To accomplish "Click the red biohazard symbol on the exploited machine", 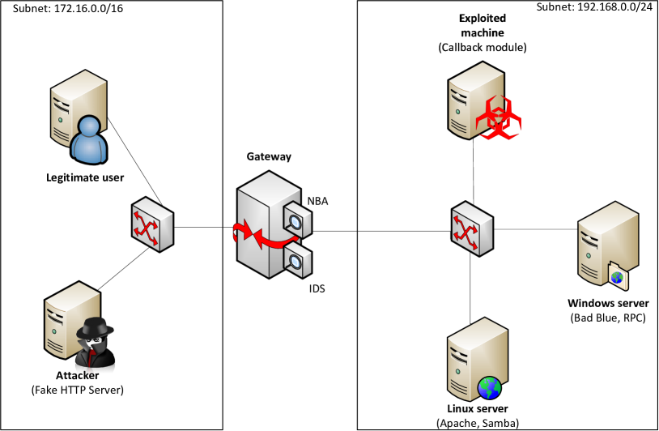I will tap(498, 117).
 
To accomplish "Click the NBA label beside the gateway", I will tap(317, 201).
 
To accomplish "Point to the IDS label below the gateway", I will tap(316, 288).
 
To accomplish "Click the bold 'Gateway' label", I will tap(270, 156).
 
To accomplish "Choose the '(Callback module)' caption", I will tap(482, 48).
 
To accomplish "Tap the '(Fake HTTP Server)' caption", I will tap(78, 390).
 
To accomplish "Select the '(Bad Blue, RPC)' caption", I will tap(608, 318).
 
